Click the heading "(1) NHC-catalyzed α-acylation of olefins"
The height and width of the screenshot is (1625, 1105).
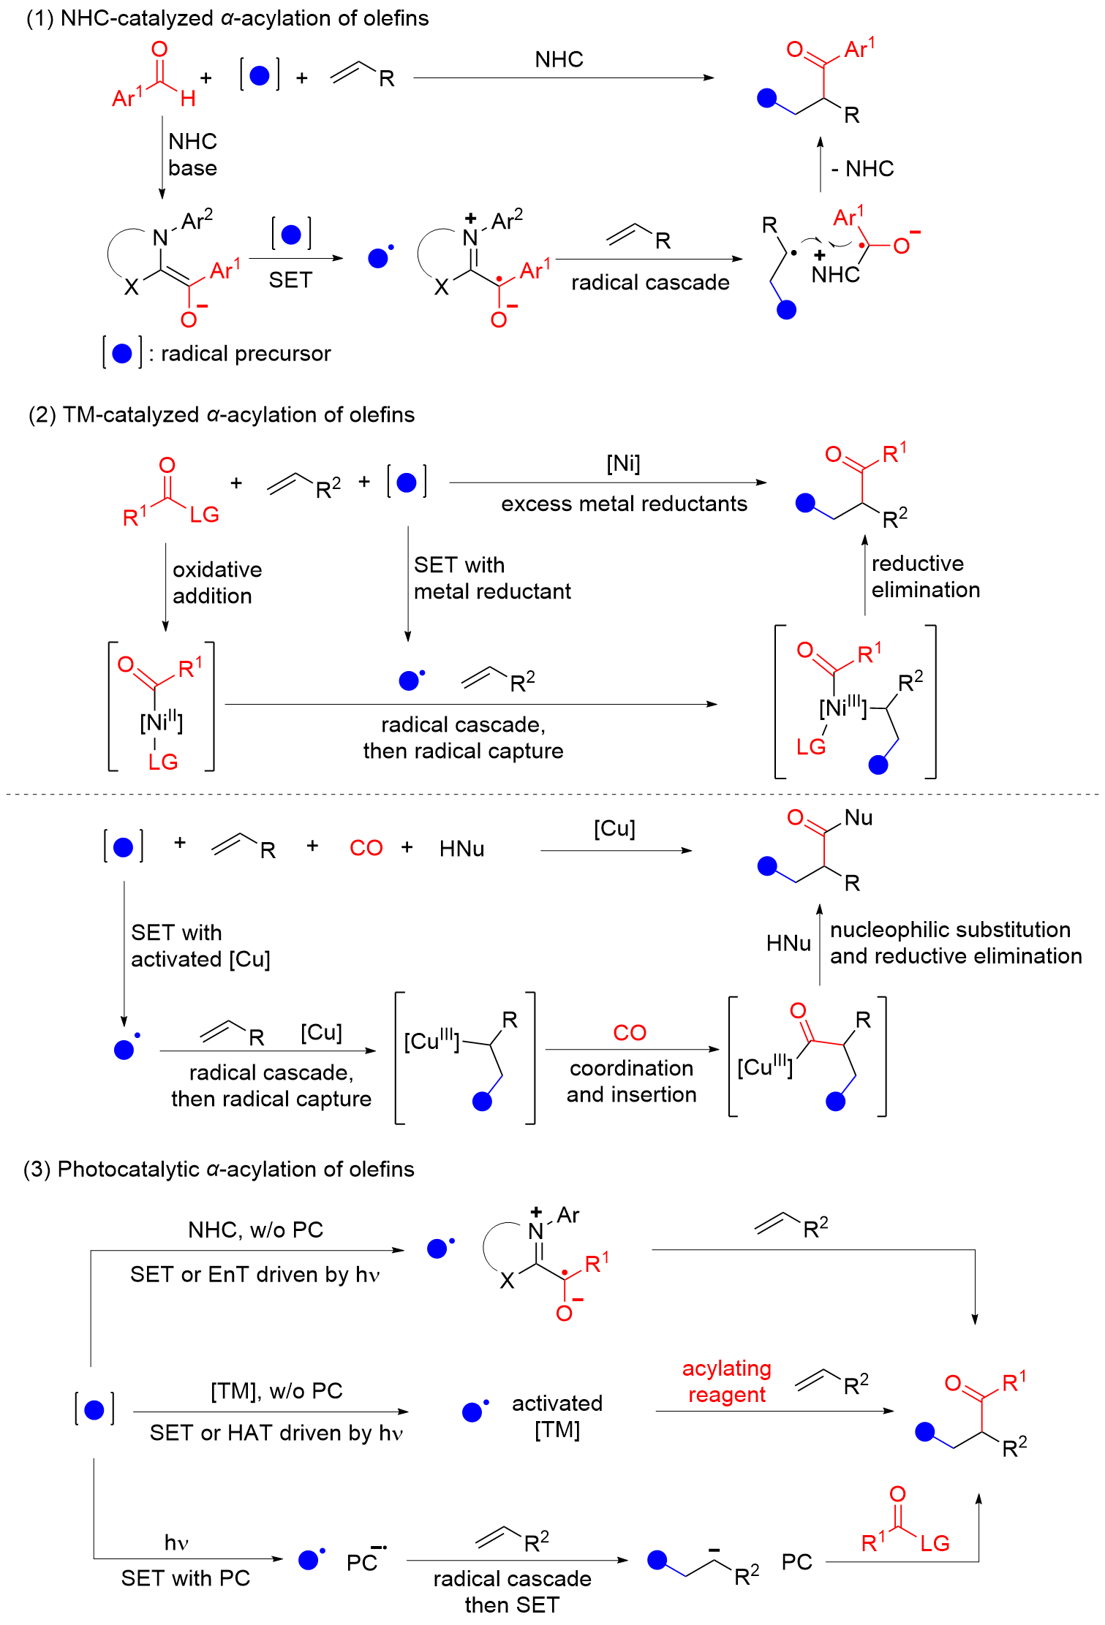227,18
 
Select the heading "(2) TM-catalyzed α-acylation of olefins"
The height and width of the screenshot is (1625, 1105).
221,415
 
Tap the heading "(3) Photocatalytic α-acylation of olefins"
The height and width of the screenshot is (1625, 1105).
219,1170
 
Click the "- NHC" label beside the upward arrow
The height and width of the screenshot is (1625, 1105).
862,169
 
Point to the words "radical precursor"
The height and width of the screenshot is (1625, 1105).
246,354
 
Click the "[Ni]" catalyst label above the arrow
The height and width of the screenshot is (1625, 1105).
623,463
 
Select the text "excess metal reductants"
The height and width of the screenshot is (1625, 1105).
624,504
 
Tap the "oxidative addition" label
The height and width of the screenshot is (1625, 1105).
216,583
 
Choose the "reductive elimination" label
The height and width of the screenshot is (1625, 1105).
925,577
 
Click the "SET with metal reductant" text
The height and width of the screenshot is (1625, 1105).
491,578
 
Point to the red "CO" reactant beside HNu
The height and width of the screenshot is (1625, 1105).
366,848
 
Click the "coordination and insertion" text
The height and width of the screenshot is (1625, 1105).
631,1081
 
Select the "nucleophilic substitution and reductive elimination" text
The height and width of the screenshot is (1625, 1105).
955,943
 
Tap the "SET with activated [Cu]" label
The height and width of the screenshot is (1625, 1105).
200,946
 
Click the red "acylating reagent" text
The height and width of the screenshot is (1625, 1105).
726,1382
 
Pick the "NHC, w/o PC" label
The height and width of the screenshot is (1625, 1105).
255,1230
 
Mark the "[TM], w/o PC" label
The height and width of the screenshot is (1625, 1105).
276,1390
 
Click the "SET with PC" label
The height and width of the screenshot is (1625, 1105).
186,1578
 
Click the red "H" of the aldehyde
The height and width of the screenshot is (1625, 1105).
188,99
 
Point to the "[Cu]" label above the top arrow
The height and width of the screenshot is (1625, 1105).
614,828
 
